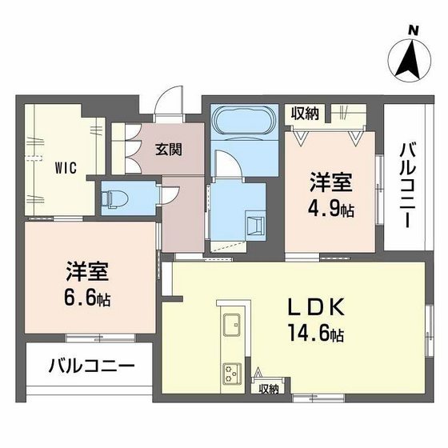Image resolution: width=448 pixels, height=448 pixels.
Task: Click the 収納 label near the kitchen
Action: pos(269,389)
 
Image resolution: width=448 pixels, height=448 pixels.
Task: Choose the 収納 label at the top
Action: pos(305,114)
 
